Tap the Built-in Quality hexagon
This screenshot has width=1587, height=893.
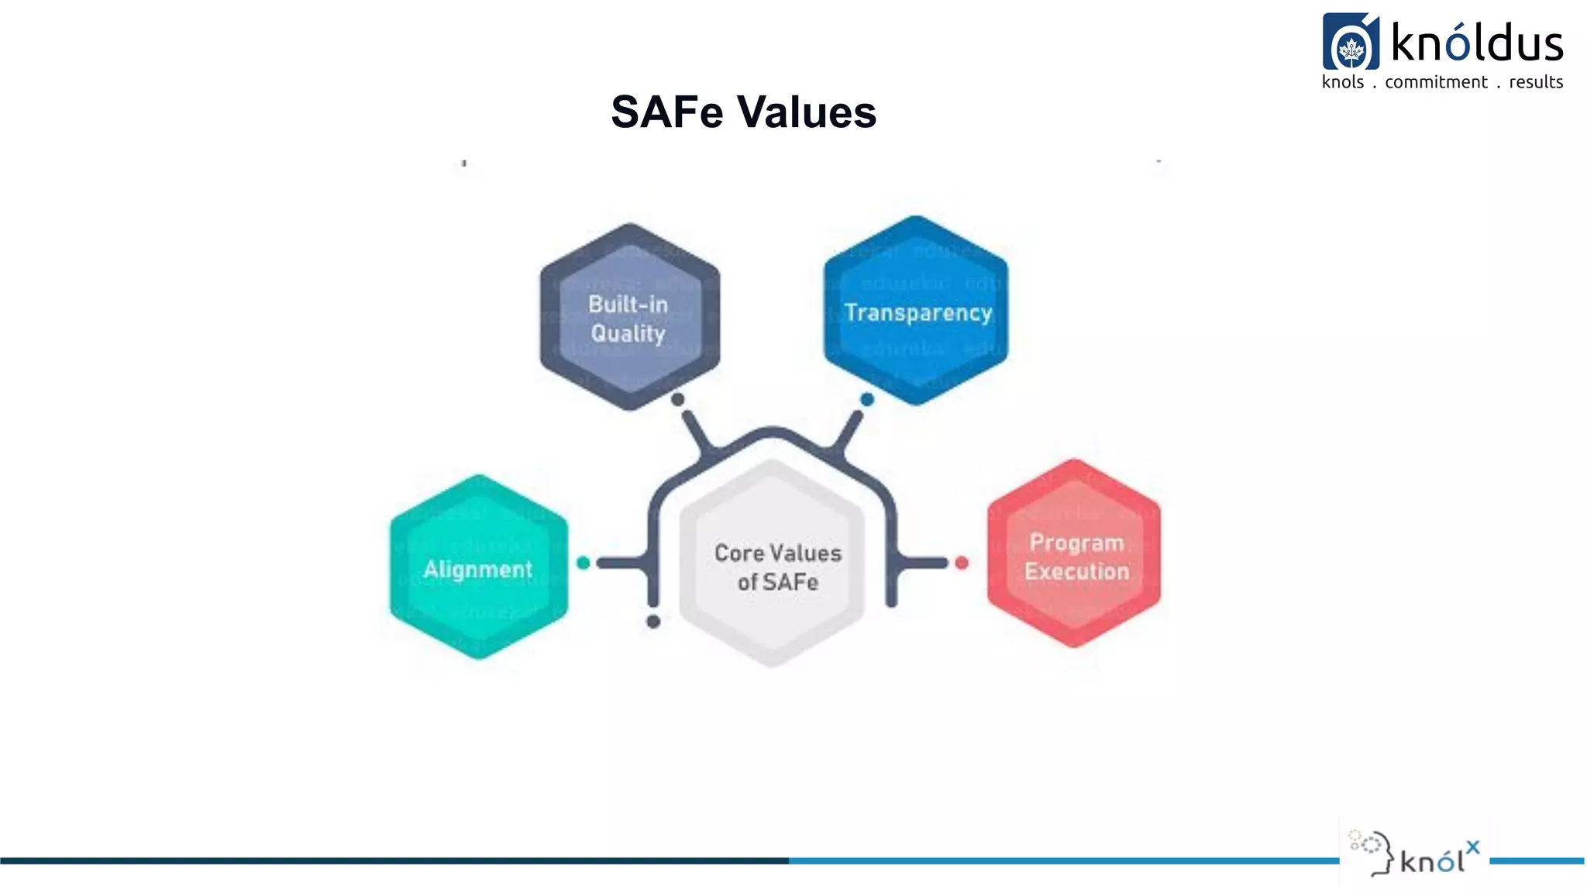click(x=629, y=317)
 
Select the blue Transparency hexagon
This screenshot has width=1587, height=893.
click(x=916, y=310)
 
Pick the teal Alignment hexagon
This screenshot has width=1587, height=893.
click(x=478, y=567)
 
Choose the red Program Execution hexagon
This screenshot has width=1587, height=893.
click(x=1074, y=553)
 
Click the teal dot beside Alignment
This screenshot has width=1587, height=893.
click(x=584, y=563)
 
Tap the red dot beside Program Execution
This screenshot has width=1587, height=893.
click(x=962, y=563)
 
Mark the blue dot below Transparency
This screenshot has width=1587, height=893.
click(x=867, y=399)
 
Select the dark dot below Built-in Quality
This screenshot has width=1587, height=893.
click(x=678, y=399)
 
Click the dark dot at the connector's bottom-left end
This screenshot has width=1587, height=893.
click(x=653, y=622)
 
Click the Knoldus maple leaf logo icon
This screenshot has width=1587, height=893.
click(x=1351, y=43)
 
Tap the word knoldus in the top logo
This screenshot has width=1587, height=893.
click(x=1477, y=43)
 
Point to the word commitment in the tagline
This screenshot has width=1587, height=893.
click(x=1436, y=82)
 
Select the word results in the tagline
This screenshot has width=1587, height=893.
click(x=1536, y=82)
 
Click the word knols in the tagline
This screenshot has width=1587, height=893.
click(x=1342, y=82)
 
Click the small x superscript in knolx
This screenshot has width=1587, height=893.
click(x=1472, y=847)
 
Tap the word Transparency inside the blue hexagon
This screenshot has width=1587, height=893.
click(x=917, y=312)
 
